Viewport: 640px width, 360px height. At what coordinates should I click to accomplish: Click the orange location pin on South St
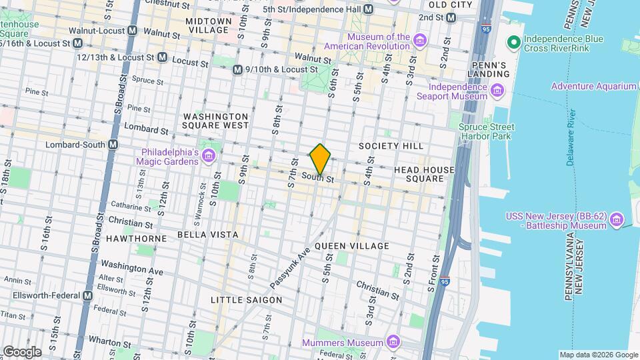321,158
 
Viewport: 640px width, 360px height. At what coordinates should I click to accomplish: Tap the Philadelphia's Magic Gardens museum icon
209,156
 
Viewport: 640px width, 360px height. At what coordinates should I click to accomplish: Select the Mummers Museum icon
393,343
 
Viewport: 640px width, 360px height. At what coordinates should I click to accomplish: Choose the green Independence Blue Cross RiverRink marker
513,43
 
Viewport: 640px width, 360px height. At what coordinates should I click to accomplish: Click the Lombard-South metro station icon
113,145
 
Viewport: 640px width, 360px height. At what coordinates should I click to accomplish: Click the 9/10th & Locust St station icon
237,69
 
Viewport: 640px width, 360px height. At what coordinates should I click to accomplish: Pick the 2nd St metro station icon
451,17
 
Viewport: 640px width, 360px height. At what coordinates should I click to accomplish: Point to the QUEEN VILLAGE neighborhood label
351,246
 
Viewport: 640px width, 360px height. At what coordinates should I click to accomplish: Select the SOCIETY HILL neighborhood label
391,146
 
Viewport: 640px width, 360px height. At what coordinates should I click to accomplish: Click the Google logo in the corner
22,351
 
